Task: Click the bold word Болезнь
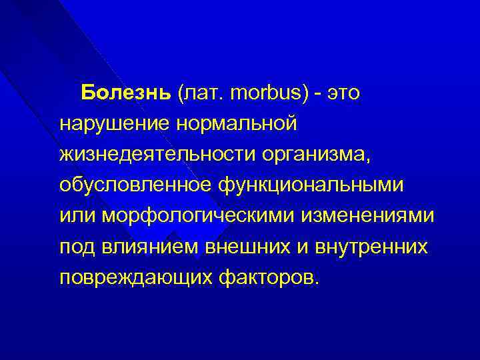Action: (127, 93)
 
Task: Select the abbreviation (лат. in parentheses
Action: (201, 93)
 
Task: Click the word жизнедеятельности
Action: (150, 155)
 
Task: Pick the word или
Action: (75, 216)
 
